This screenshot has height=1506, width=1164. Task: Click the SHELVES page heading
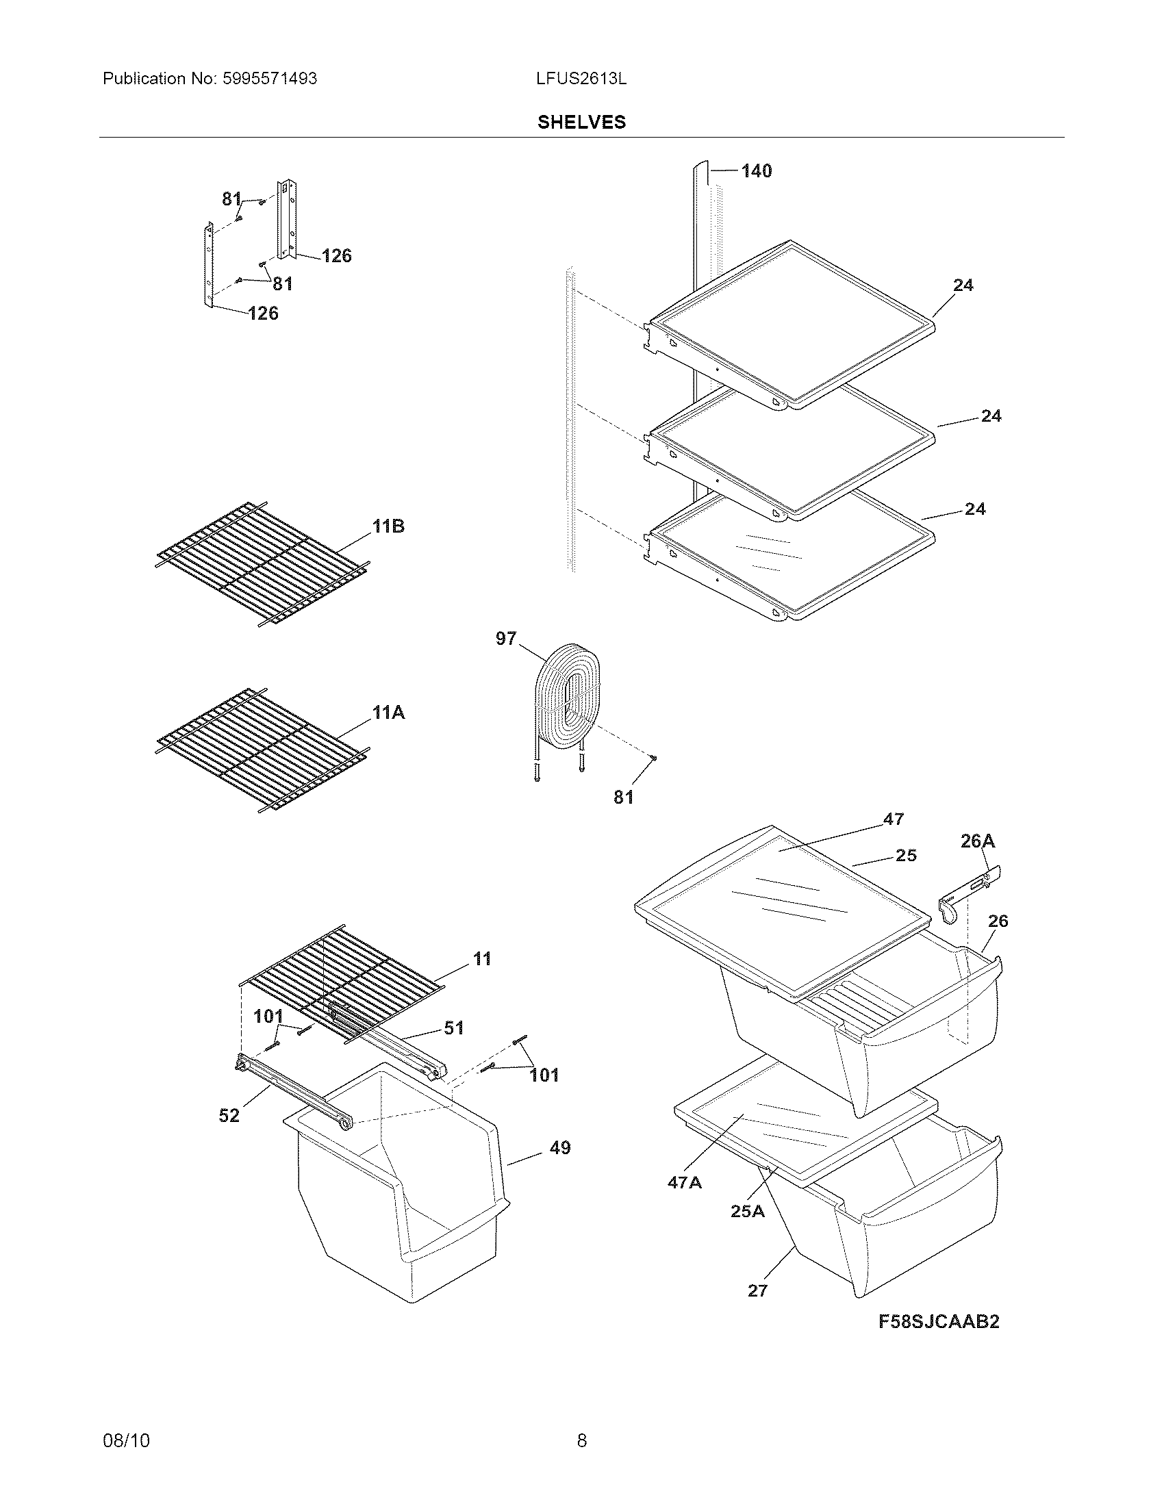coord(581,122)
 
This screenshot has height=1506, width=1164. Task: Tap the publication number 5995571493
coord(270,79)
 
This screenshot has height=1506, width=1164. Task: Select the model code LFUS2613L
coord(581,79)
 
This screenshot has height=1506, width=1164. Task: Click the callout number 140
coord(757,171)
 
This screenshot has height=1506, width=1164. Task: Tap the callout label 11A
coord(388,713)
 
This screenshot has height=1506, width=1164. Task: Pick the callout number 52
coord(229,1115)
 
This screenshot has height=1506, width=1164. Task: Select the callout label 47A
coord(684,1182)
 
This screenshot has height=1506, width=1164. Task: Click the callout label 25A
coord(748,1211)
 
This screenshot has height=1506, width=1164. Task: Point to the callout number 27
coord(757,1290)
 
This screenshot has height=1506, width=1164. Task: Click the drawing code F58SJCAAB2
coord(939,1321)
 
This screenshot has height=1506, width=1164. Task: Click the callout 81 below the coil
coord(622,797)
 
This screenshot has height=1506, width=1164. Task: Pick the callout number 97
coord(505,639)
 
